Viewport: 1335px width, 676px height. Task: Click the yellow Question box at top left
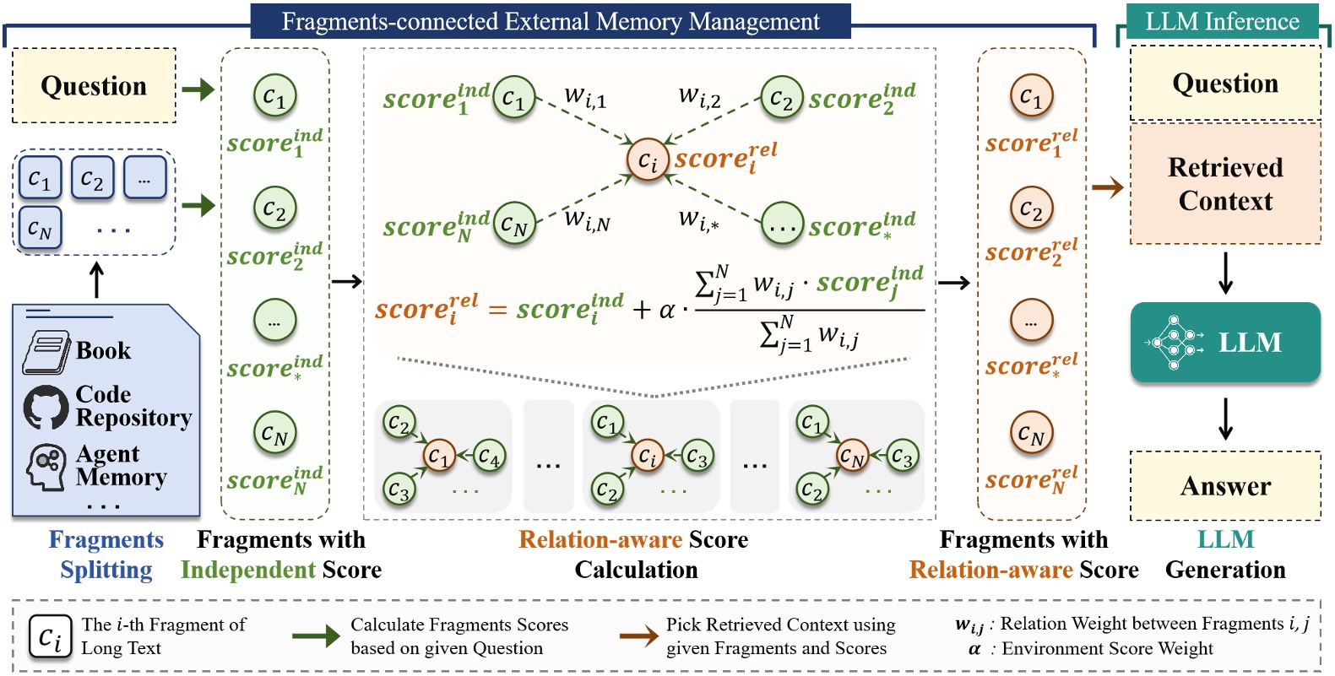pos(94,86)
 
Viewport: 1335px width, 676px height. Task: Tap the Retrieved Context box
pos(1224,184)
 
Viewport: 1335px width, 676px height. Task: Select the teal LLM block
pos(1224,342)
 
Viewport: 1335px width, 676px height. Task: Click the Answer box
pos(1224,486)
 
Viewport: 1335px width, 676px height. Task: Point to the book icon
pos(46,352)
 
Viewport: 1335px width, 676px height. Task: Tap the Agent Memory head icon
pos(46,467)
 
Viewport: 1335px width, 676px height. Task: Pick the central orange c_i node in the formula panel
pos(647,159)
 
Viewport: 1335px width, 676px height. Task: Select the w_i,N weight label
pos(587,221)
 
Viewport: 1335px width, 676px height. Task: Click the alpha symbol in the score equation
pos(667,311)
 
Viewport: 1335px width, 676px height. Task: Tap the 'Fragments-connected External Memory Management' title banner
pos(550,21)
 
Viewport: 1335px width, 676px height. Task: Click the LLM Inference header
pos(1222,21)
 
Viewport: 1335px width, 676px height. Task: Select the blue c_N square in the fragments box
pos(40,228)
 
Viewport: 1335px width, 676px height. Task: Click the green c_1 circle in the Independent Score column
pos(274,95)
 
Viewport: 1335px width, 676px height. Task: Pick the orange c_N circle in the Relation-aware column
pos(1031,433)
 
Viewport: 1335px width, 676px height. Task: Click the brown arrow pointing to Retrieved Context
pos(1107,187)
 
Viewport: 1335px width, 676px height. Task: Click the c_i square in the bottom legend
pos(50,636)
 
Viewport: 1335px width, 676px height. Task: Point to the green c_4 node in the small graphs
pos(488,457)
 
